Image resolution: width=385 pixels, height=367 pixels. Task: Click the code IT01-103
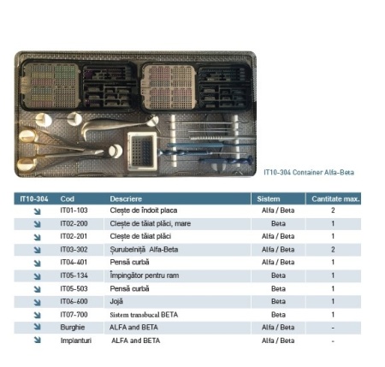74,210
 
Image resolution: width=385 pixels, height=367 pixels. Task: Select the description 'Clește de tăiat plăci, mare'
151,223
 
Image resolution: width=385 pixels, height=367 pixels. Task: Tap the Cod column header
68,198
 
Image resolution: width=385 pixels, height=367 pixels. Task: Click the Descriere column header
126,198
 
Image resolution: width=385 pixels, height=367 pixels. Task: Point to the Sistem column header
269,198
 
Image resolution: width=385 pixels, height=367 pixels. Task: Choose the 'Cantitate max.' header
335,198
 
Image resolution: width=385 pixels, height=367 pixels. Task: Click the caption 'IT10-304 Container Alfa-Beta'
309,172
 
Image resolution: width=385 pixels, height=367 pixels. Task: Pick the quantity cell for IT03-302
333,250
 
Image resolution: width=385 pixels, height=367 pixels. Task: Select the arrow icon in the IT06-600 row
37,302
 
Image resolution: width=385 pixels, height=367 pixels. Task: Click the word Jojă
116,301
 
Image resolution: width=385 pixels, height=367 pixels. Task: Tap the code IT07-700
74,315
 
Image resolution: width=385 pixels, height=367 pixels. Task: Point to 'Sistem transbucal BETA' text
144,315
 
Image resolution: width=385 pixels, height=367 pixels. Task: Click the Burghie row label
73,328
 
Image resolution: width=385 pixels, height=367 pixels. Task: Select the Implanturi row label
76,340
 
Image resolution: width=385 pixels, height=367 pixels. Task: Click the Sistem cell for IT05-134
278,275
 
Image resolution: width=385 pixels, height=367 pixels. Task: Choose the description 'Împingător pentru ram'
145,275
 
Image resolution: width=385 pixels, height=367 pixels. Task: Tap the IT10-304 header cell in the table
34,198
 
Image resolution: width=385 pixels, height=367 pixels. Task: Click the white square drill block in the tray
142,151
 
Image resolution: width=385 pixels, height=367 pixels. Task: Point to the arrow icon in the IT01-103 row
37,211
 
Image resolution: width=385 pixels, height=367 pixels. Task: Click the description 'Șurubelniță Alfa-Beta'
144,250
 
